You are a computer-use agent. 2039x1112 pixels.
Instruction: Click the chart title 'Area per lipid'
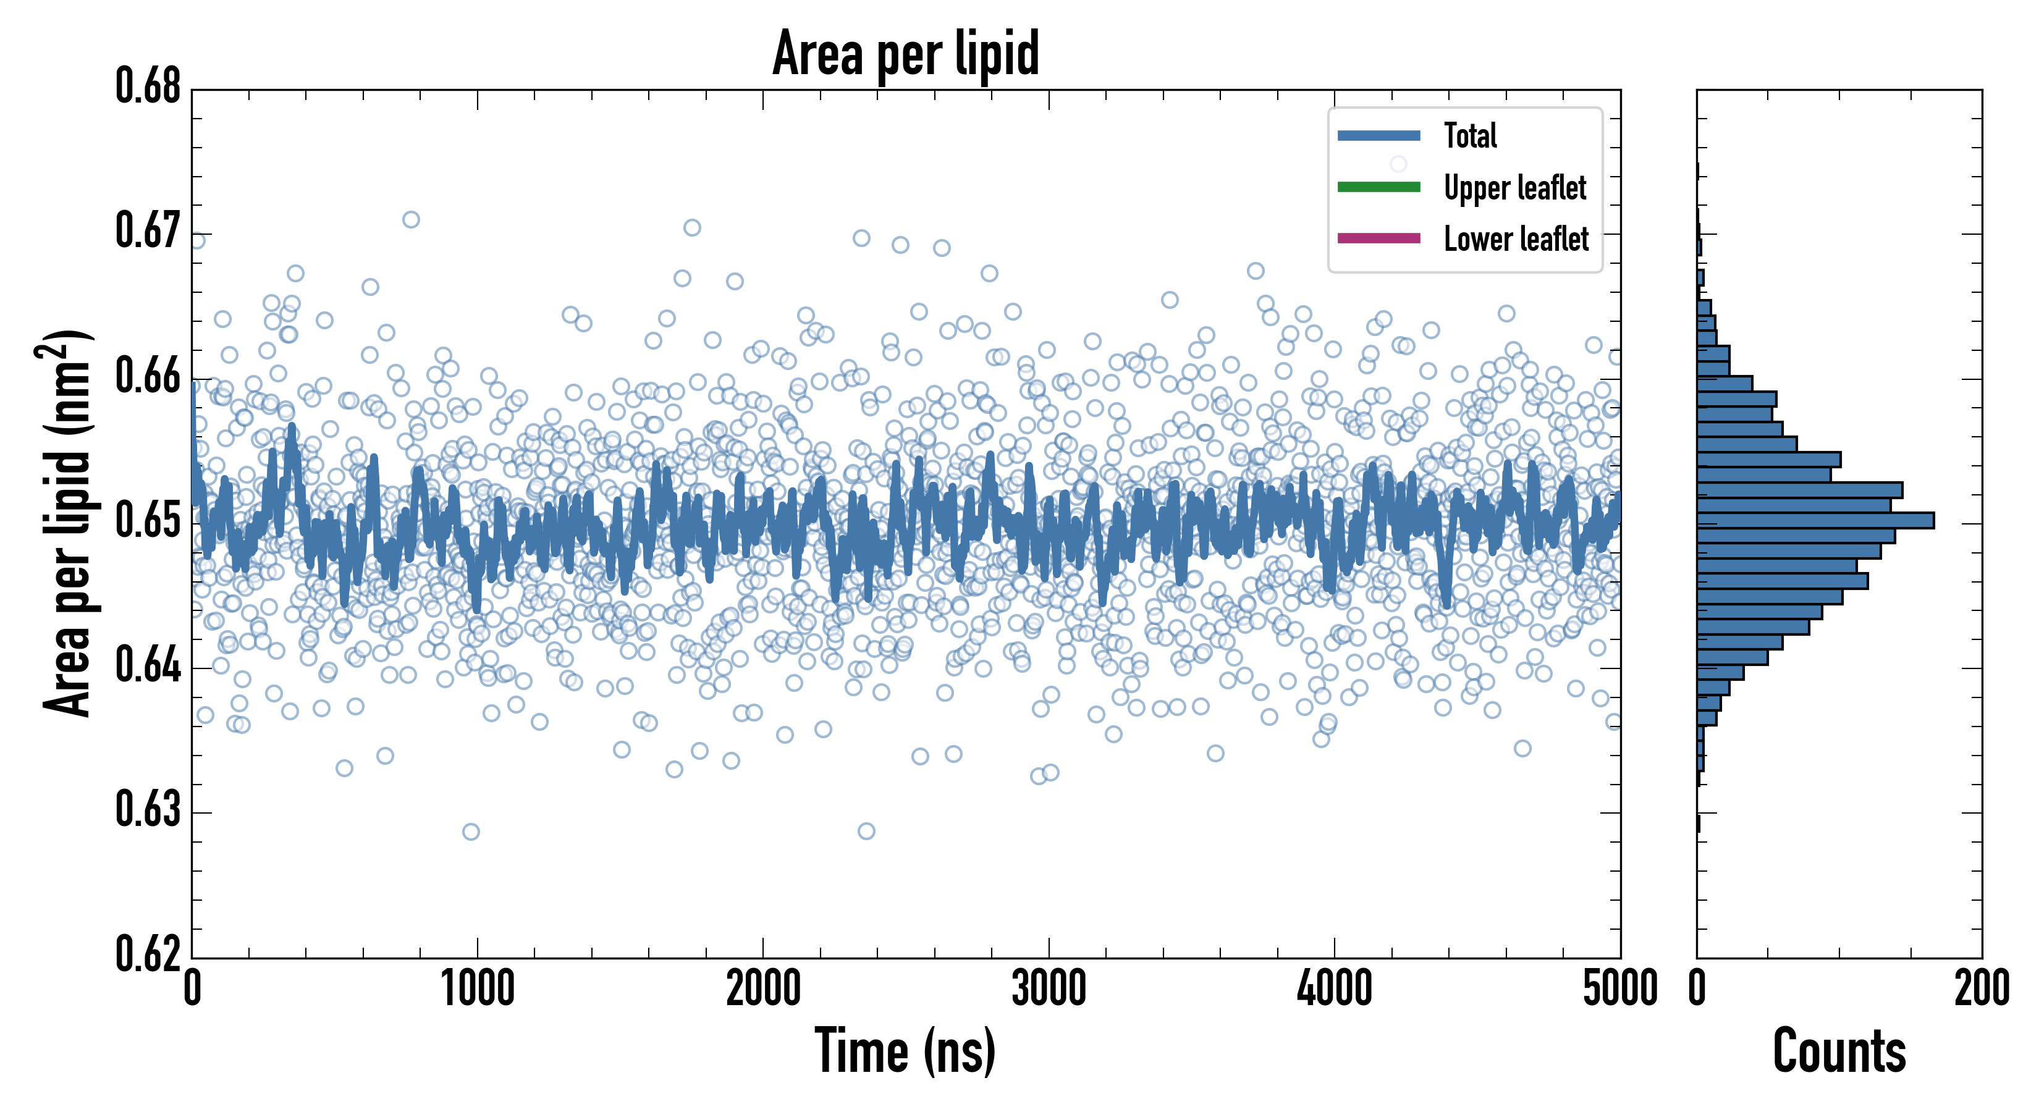tap(906, 54)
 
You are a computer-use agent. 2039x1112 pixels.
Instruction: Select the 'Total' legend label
tap(1470, 136)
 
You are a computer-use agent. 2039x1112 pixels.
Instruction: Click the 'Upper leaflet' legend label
tap(1514, 188)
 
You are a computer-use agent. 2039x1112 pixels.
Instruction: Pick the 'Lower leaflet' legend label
tap(1516, 239)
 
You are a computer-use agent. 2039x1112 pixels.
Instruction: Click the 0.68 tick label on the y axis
tap(148, 86)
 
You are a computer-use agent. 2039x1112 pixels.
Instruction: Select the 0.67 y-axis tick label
tap(148, 231)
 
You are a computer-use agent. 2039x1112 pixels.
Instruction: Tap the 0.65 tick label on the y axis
tap(148, 521)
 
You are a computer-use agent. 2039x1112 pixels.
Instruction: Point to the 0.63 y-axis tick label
tap(148, 810)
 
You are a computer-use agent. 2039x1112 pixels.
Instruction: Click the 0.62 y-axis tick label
tap(148, 954)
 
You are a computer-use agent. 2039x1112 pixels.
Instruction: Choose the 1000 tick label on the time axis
tap(477, 989)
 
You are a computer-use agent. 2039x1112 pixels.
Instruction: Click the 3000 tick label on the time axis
tap(1049, 989)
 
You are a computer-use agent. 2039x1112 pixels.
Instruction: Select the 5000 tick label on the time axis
tap(1619, 989)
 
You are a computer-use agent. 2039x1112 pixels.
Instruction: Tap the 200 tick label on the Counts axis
tap(1981, 989)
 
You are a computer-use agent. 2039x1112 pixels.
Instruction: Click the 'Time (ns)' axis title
tap(906, 1051)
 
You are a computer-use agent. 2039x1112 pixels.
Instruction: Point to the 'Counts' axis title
tap(1839, 1051)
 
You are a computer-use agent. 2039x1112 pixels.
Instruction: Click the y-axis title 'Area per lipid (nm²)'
tap(67, 523)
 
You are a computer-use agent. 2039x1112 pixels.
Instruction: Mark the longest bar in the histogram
tap(1815, 520)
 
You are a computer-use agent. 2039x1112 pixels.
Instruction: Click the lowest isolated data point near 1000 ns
tap(471, 832)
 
